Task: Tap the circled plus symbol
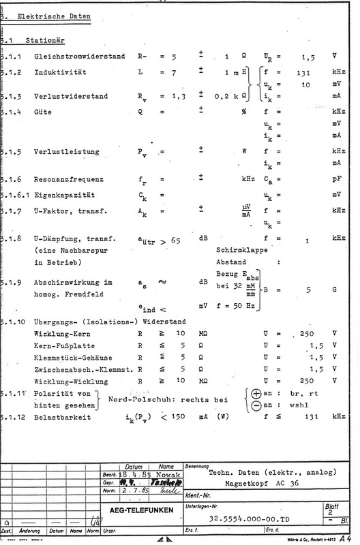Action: (x=256, y=394)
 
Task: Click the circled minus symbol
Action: (x=256, y=406)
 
